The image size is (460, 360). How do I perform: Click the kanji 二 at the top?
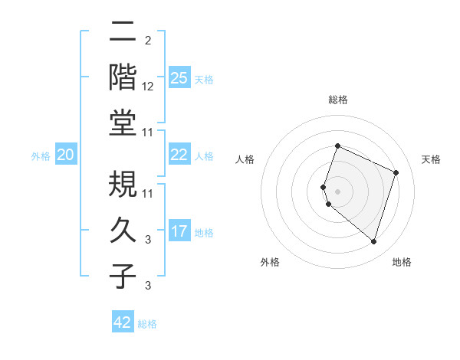tap(123, 32)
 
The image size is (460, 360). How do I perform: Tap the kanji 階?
tap(123, 78)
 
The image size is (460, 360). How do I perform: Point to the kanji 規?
tap(123, 183)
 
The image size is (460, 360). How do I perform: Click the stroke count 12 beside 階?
tap(148, 87)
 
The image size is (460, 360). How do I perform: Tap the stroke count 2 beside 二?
tap(148, 41)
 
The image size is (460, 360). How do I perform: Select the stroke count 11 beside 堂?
tap(148, 133)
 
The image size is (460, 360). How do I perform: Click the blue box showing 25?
tap(179, 77)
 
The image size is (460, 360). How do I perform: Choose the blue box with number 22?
tap(179, 155)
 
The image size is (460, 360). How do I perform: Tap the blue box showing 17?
tap(179, 231)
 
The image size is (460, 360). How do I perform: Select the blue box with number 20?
tap(65, 155)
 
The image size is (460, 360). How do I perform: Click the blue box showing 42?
tap(123, 322)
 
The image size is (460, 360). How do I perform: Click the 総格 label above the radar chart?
tap(337, 100)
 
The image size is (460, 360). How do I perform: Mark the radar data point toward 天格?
tap(396, 172)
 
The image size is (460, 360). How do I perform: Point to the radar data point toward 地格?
tap(373, 242)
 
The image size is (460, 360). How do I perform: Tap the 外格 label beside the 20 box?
tap(41, 156)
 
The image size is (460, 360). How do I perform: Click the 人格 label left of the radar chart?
tap(245, 159)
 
